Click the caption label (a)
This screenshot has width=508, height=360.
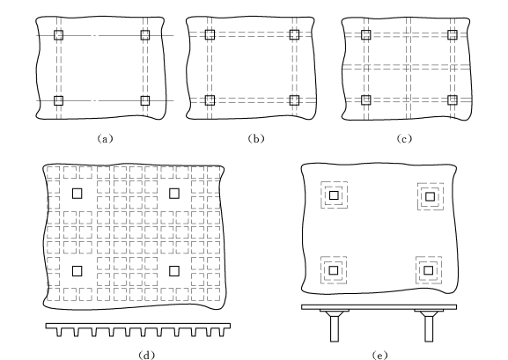pyautogui.click(x=106, y=139)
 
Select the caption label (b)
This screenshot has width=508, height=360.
pyautogui.click(x=256, y=139)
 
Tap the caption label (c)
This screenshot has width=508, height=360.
pyautogui.click(x=404, y=139)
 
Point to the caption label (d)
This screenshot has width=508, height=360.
pyautogui.click(x=146, y=355)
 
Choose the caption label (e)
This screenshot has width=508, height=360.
pyautogui.click(x=380, y=355)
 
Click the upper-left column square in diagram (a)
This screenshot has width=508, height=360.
pyautogui.click(x=59, y=35)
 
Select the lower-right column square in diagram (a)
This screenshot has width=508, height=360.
pyautogui.click(x=145, y=100)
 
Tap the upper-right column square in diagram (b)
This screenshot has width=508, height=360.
pyautogui.click(x=294, y=34)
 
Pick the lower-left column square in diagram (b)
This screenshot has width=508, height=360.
pyautogui.click(x=210, y=100)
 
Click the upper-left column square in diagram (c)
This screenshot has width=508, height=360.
pyautogui.click(x=366, y=34)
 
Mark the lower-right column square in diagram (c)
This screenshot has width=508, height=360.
pyautogui.click(x=453, y=99)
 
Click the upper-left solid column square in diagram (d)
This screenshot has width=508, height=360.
pyautogui.click(x=77, y=194)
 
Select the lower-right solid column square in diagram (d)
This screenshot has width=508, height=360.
pyautogui.click(x=174, y=271)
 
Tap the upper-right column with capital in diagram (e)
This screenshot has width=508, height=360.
pyautogui.click(x=430, y=196)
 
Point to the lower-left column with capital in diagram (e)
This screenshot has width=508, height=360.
pyautogui.click(x=334, y=270)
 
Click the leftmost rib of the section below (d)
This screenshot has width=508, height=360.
pyautogui.click(x=59, y=332)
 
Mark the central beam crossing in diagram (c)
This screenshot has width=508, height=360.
pyautogui.click(x=409, y=67)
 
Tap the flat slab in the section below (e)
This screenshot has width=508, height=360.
pyautogui.click(x=379, y=307)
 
